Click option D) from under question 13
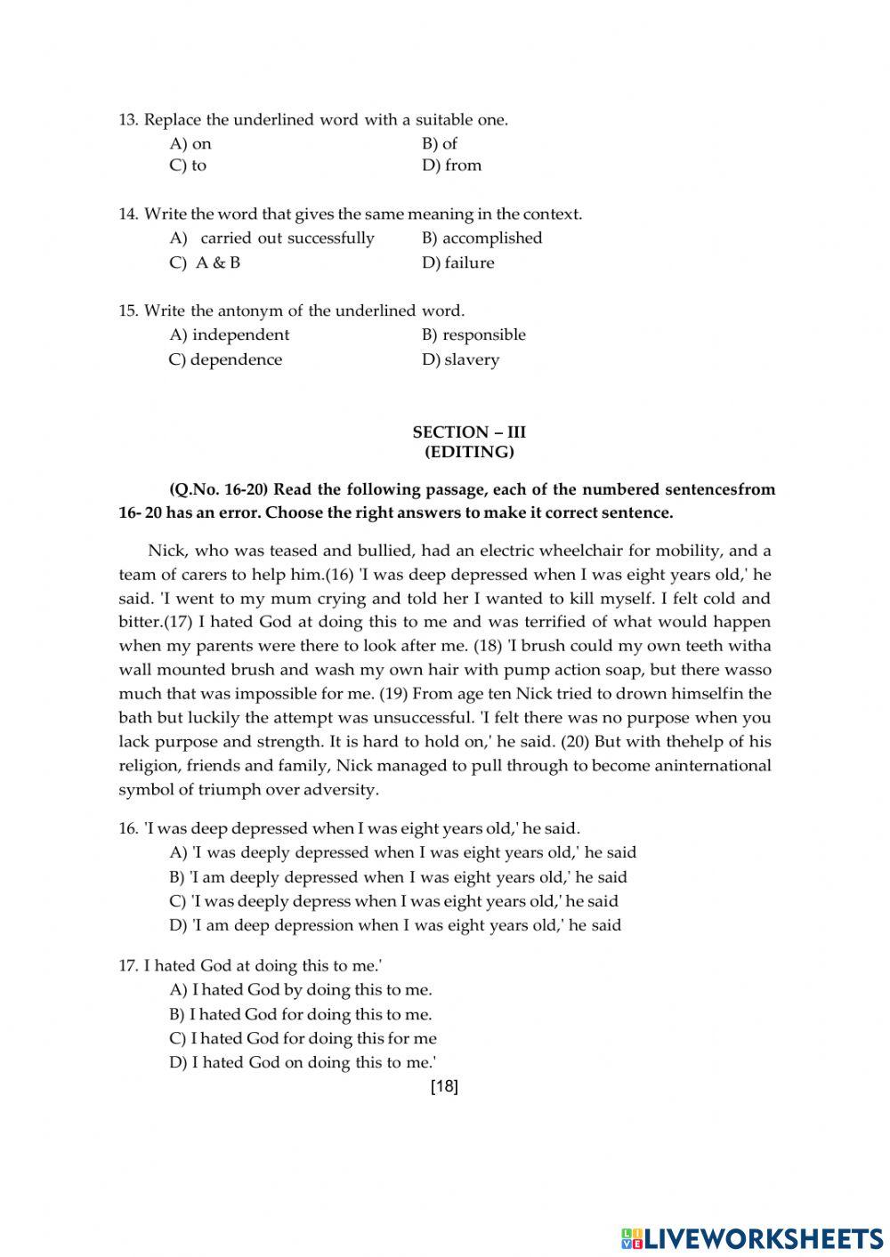[x=451, y=165]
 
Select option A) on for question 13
[x=190, y=144]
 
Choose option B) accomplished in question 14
[x=481, y=238]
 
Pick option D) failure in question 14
[x=457, y=263]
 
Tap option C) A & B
[x=205, y=263]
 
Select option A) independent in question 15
[x=230, y=335]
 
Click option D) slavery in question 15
[x=460, y=360]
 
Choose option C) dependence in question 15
[x=225, y=360]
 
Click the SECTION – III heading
[x=469, y=432]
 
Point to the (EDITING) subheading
[x=469, y=452]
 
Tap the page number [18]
[x=444, y=1086]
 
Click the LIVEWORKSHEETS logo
[x=751, y=1237]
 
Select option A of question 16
[x=403, y=853]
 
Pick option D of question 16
[x=395, y=925]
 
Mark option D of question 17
[x=303, y=1062]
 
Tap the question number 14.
[x=129, y=214]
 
